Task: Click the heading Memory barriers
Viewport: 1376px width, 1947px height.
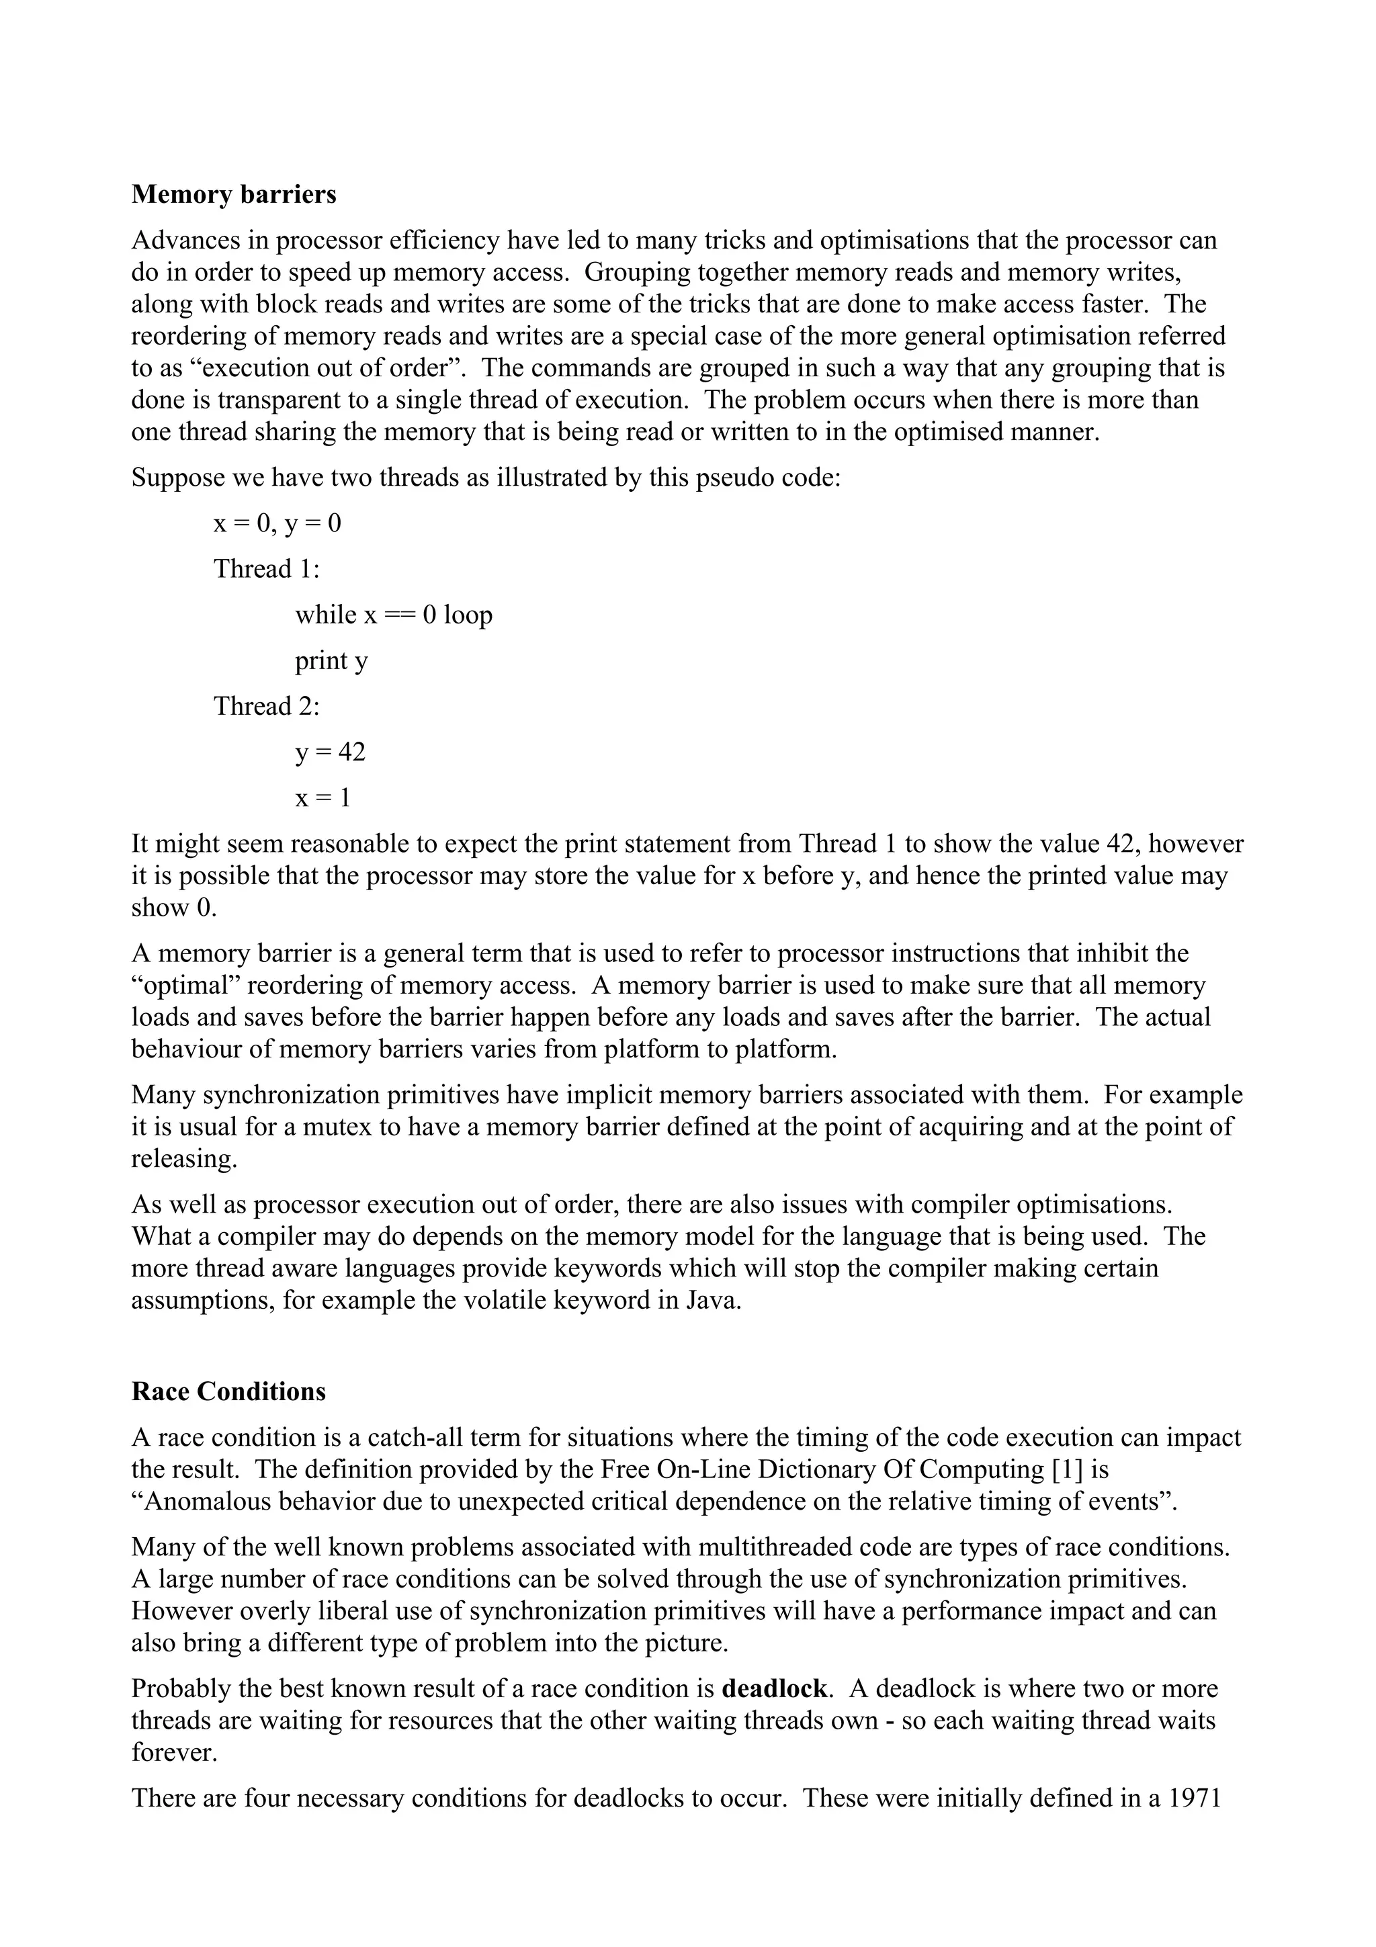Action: tap(233, 195)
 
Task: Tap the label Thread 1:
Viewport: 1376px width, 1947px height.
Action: tap(266, 569)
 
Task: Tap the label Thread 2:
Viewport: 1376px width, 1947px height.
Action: tap(266, 706)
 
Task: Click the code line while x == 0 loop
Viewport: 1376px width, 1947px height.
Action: tap(394, 615)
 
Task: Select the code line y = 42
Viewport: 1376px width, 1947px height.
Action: tap(330, 752)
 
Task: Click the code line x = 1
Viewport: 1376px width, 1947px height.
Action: tap(322, 798)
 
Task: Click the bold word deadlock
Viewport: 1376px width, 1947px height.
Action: tap(773, 1688)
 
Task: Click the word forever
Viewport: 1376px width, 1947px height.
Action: tap(174, 1752)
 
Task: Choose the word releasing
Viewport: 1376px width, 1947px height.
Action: tap(184, 1158)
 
